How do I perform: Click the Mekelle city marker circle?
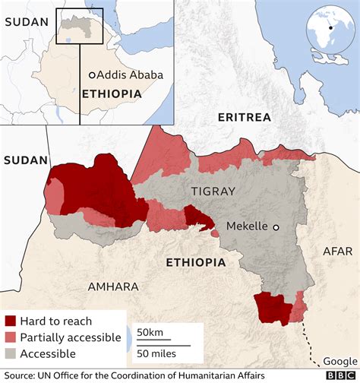point(276,226)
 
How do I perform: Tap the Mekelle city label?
point(248,226)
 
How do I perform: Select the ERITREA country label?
point(244,117)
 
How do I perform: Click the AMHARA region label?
point(113,286)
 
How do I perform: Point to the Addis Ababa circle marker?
point(91,75)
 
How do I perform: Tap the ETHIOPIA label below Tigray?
point(195,262)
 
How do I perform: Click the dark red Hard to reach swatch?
point(10,321)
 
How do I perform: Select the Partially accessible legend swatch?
point(10,337)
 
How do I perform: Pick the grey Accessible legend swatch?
point(10,353)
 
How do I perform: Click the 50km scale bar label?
point(150,332)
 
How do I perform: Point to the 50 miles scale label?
point(156,353)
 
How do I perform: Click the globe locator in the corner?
point(329,28)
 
